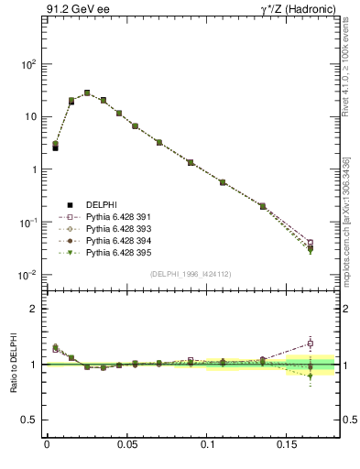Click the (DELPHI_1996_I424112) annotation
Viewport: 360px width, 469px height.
point(191,273)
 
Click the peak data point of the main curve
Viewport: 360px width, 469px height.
point(87,93)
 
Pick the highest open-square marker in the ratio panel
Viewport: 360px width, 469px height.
point(311,344)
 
